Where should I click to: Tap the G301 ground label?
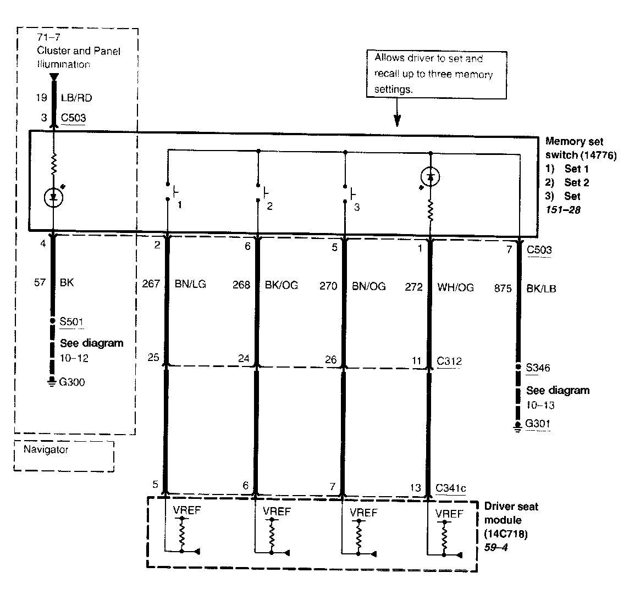538,424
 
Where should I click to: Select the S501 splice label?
71,321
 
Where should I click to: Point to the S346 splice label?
538,368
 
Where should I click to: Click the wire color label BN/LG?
191,285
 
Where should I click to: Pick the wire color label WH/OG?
455,287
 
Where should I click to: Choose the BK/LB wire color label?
542,288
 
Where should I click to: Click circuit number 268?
241,285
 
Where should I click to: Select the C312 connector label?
449,361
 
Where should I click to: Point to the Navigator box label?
46,449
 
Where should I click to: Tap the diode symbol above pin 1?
430,176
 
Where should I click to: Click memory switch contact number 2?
269,207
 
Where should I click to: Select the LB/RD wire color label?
76,98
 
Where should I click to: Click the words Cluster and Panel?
79,51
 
